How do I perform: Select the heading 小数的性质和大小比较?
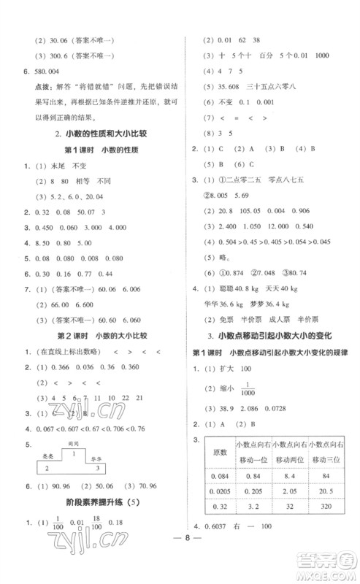coord(102,133)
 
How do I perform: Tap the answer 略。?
coord(226,256)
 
